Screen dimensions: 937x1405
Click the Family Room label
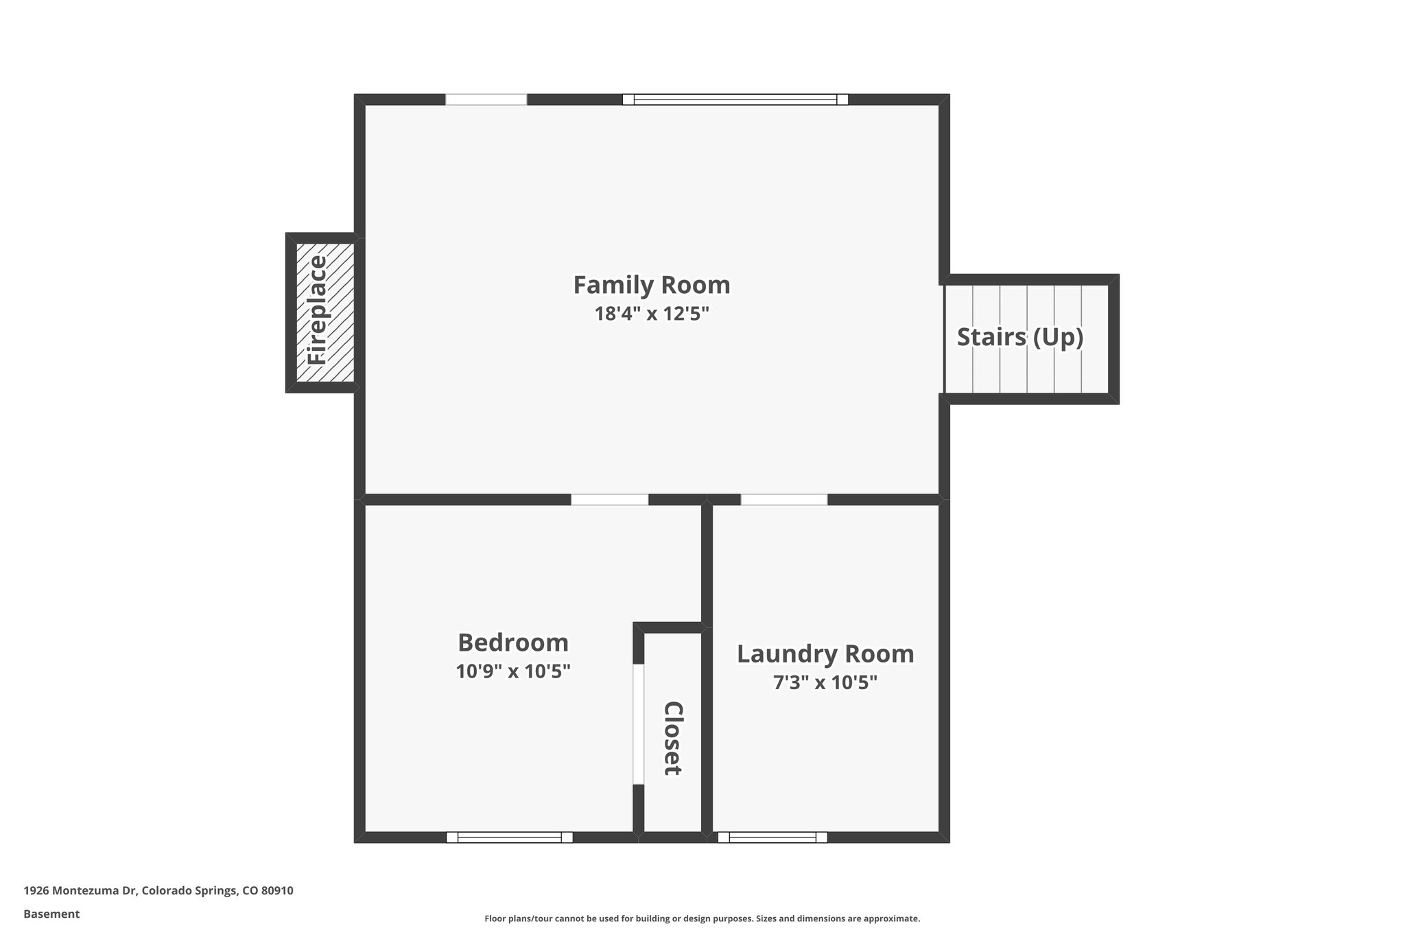click(x=651, y=284)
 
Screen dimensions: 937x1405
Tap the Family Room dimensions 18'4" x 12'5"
click(x=651, y=314)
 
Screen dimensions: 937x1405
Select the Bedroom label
click(x=512, y=643)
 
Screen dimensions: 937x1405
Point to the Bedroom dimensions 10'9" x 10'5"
click(x=512, y=671)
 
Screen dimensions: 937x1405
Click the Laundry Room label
click(x=825, y=653)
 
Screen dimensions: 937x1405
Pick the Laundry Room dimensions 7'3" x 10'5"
click(x=825, y=683)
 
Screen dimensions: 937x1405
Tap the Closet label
click(x=672, y=738)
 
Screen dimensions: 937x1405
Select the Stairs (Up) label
click(x=1019, y=337)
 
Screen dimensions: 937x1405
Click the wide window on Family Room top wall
click(x=735, y=100)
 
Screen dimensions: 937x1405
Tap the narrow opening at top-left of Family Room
click(x=486, y=100)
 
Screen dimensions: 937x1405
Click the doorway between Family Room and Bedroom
click(x=609, y=500)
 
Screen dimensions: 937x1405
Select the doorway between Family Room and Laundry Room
click(x=783, y=500)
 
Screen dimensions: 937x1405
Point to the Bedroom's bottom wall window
click(x=509, y=837)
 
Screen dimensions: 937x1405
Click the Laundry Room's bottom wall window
click(x=772, y=837)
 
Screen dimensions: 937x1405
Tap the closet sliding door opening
click(x=638, y=724)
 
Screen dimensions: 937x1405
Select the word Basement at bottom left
click(x=51, y=914)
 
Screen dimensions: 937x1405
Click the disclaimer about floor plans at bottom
click(x=702, y=918)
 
